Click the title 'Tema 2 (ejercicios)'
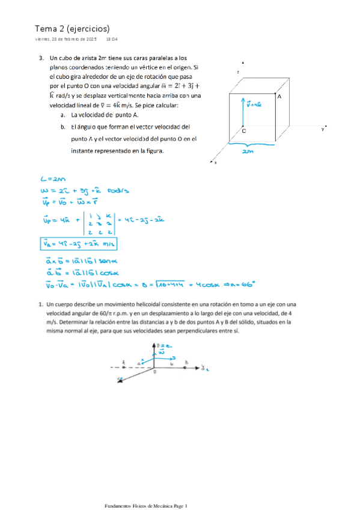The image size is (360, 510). click(x=72, y=28)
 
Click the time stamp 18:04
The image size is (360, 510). click(x=112, y=40)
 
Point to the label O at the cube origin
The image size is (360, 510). click(x=243, y=130)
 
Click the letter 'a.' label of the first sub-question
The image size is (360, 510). click(x=63, y=114)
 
